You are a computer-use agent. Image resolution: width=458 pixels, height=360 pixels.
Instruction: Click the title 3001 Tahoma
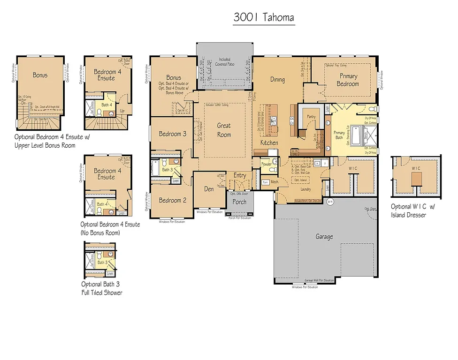(264, 18)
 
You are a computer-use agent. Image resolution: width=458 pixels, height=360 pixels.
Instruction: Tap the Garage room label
(324, 237)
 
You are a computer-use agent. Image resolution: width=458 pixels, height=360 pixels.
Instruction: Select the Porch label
(240, 202)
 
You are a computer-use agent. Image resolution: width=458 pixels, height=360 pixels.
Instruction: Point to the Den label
(209, 189)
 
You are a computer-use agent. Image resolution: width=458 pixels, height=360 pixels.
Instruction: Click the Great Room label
(224, 130)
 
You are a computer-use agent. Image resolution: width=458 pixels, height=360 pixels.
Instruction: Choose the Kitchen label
(269, 142)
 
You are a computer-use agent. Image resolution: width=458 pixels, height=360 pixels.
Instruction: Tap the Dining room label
(277, 79)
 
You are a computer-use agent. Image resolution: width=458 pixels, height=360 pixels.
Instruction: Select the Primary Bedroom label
(348, 80)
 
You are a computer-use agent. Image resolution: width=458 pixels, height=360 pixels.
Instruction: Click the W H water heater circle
(330, 202)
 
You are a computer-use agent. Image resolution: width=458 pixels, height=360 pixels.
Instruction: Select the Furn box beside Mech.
(265, 182)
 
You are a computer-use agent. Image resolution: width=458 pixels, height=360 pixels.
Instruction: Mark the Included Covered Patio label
(224, 62)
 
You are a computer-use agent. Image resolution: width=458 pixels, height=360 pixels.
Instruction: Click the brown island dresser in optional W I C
(415, 178)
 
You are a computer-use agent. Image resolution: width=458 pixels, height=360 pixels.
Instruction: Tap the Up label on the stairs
(122, 111)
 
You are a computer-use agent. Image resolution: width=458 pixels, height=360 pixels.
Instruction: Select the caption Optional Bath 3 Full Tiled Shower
(102, 288)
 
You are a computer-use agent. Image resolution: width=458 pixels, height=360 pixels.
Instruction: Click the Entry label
(240, 175)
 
